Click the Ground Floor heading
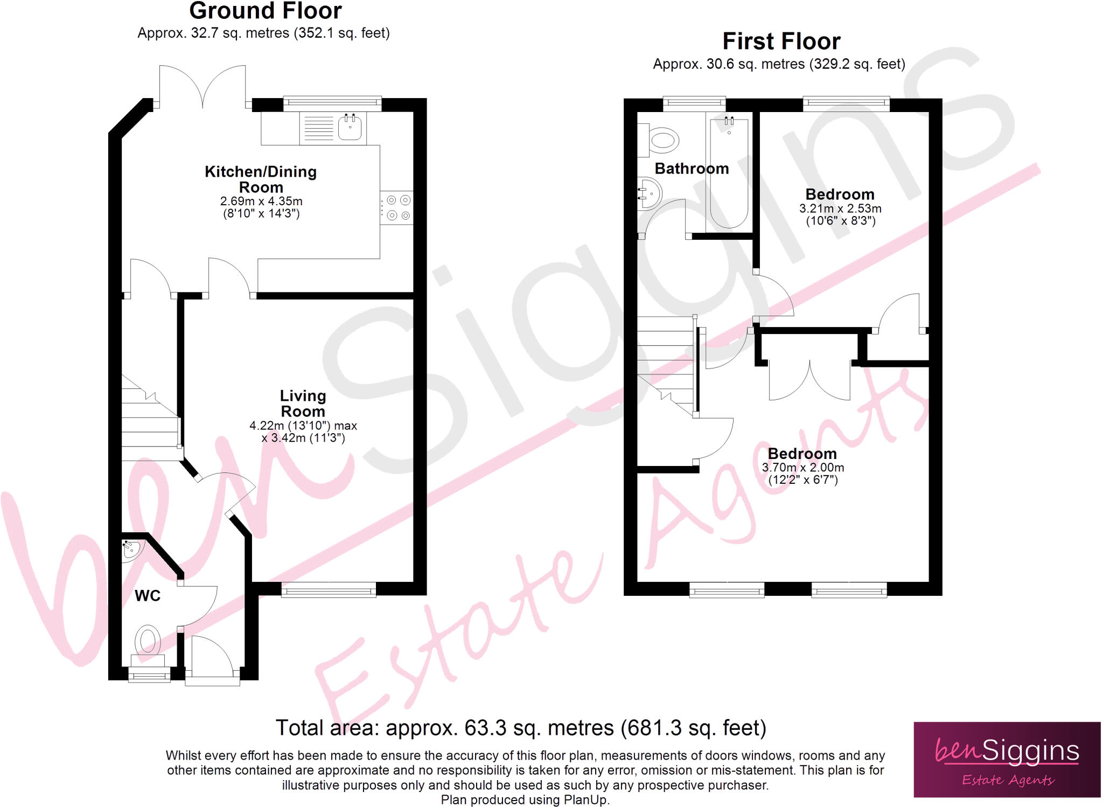[266, 11]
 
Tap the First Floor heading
[781, 41]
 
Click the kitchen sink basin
[350, 128]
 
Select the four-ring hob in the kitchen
[397, 208]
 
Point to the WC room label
[148, 596]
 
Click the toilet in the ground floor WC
[148, 644]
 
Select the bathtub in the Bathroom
[729, 172]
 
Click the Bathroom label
[692, 169]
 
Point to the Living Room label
[303, 403]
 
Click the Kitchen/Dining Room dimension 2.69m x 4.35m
[261, 201]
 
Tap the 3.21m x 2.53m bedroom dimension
[840, 208]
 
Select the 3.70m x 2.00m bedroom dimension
[802, 468]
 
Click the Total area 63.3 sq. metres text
[520, 728]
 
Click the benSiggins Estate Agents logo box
[1007, 759]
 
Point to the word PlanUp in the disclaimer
[585, 800]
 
